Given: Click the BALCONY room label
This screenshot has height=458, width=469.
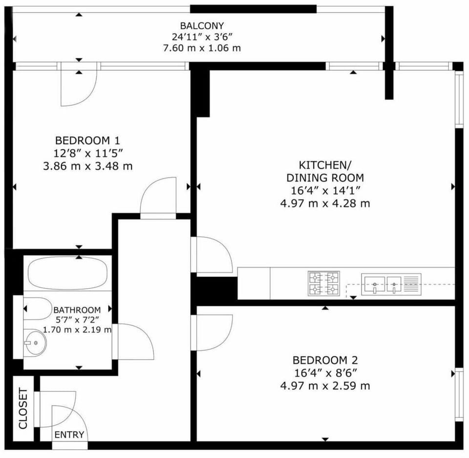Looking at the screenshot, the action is coord(202,26).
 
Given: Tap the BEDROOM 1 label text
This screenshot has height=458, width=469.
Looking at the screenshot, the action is coord(87,140).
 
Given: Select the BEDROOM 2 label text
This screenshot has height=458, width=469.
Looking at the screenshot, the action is coord(325,360).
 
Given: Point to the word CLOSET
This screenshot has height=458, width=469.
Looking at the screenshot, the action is coord(23,408).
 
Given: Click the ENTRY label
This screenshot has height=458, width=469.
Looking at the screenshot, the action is coord(69,435).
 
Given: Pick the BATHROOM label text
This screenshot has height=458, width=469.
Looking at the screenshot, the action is coord(77,310).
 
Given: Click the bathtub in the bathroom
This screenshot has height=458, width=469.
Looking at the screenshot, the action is coord(67,273).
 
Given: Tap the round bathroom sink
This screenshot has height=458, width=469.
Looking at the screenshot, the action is coord(35,343).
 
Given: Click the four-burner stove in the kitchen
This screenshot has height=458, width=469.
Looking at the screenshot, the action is coord(324,284).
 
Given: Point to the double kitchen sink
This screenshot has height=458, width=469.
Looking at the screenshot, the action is coord(391,283).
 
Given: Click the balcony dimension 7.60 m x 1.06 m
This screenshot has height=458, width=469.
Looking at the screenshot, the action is coord(202,48).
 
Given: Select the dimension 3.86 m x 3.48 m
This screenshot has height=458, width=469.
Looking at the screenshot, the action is coord(87,166).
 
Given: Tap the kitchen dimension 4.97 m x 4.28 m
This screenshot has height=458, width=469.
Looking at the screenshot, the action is coord(325,204).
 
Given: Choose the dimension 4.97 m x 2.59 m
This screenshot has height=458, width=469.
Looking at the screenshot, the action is coord(325,386).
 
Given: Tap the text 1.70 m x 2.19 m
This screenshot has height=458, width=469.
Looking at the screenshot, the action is coord(77,330).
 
